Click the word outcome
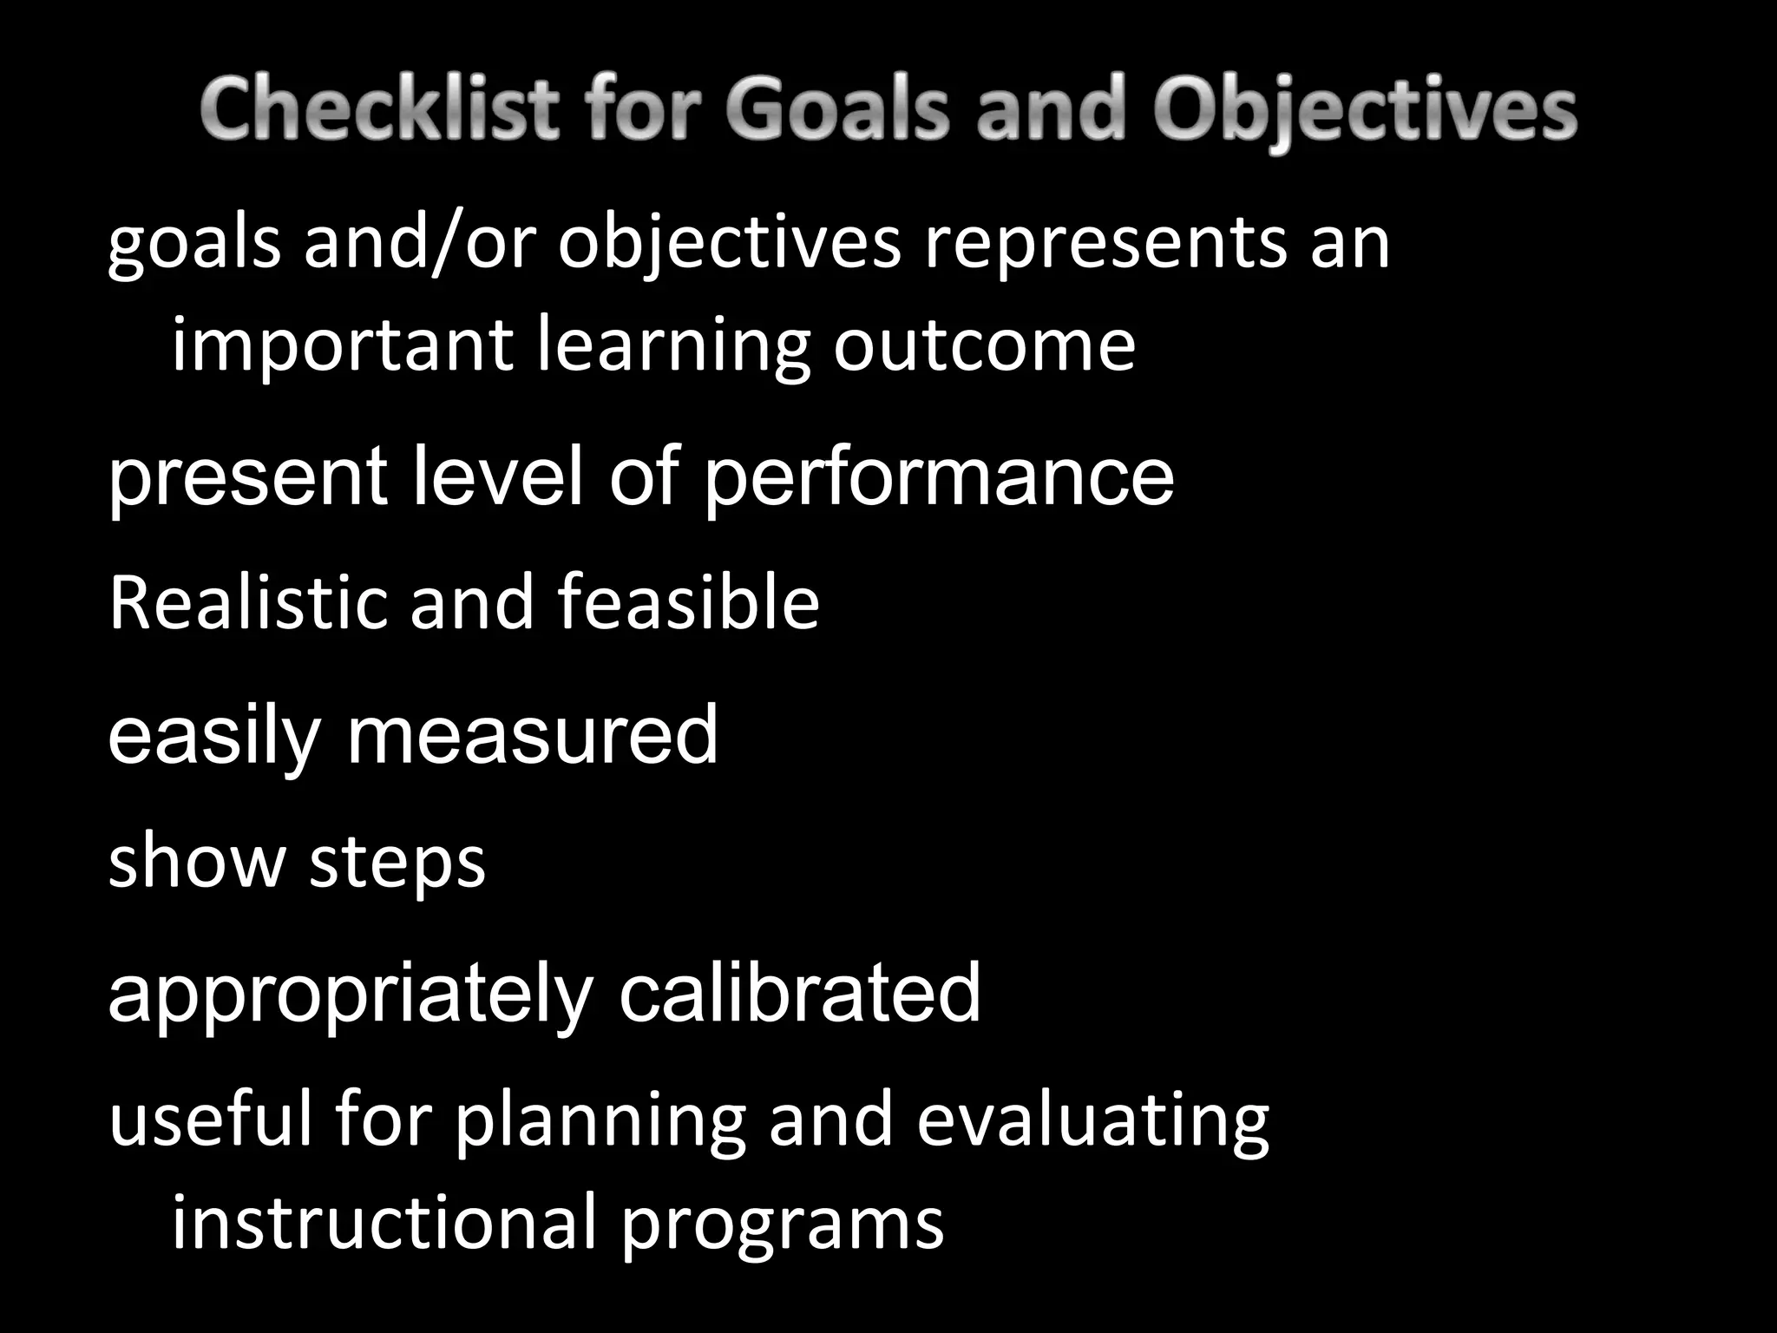(x=984, y=345)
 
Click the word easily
(x=213, y=736)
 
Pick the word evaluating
(x=1092, y=1121)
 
